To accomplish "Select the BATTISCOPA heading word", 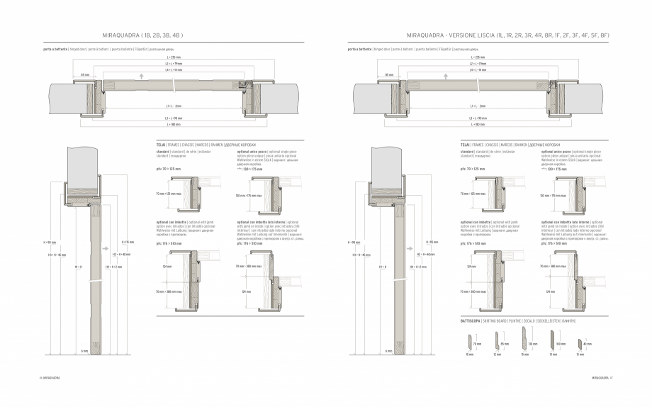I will click(471, 320).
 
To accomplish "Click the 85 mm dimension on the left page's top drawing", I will click(84, 74).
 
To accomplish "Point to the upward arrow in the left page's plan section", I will click(142, 74).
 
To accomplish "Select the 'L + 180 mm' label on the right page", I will click(478, 124).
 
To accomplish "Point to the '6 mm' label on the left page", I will click(84, 350).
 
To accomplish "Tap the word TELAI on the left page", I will click(161, 144).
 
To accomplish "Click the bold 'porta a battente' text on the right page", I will click(361, 50).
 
